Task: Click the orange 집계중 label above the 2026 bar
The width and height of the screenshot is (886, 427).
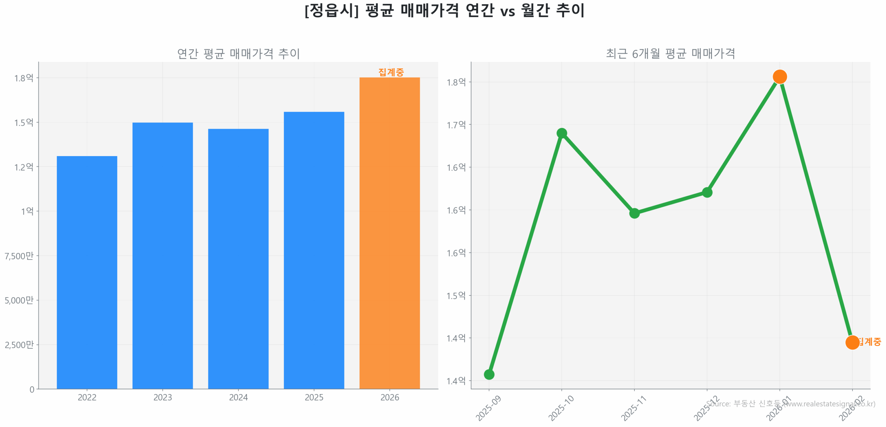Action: (x=391, y=72)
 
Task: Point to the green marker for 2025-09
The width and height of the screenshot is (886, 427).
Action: (x=489, y=374)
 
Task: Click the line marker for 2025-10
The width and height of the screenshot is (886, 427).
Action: (x=561, y=133)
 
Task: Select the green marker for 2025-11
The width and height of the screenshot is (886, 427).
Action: (x=634, y=213)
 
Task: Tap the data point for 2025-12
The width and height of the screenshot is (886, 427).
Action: (x=707, y=192)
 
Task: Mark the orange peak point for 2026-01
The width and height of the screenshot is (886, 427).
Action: (x=779, y=76)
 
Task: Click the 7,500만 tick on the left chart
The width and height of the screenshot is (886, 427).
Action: (x=19, y=256)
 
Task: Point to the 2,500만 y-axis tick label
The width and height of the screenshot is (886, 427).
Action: (x=19, y=344)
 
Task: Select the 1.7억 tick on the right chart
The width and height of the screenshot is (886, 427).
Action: (x=456, y=125)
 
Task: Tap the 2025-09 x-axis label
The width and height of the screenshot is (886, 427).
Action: (x=488, y=408)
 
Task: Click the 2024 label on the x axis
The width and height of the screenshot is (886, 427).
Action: (x=238, y=397)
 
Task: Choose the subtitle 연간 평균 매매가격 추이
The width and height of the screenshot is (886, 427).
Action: (x=238, y=54)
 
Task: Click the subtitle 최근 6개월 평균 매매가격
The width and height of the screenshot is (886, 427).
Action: (x=670, y=54)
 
